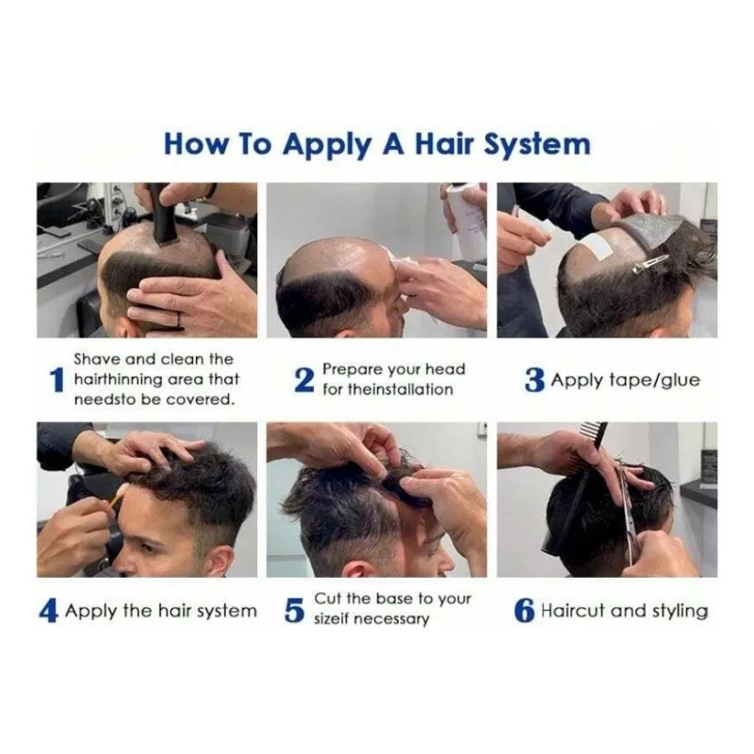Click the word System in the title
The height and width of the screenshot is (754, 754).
(536, 144)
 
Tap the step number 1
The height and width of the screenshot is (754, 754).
(57, 380)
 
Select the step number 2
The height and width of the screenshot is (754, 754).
(303, 380)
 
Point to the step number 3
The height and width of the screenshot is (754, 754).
(534, 380)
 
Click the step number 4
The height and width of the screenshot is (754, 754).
(48, 611)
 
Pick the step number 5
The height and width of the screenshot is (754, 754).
(294, 611)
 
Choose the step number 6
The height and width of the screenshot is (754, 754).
(524, 611)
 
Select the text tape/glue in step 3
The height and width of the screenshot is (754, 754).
(654, 381)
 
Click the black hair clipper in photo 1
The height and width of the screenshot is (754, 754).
(165, 214)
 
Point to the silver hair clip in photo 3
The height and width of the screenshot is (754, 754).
(650, 265)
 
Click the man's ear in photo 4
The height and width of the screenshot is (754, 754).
(222, 560)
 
